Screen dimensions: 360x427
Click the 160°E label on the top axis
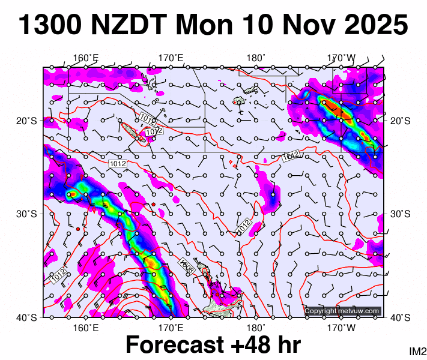pyautogui.click(x=86, y=58)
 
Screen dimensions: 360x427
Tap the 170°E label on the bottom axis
pyautogui.click(x=171, y=329)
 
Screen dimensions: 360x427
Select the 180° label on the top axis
pyautogui.click(x=256, y=58)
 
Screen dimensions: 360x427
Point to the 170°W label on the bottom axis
pyautogui.click(x=341, y=329)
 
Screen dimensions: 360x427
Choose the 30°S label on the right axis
pyautogui.click(x=401, y=214)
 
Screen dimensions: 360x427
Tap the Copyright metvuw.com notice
pyautogui.click(x=342, y=311)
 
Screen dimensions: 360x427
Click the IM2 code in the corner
pyautogui.click(x=417, y=351)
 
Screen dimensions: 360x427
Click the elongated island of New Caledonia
pyautogui.click(x=132, y=132)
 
